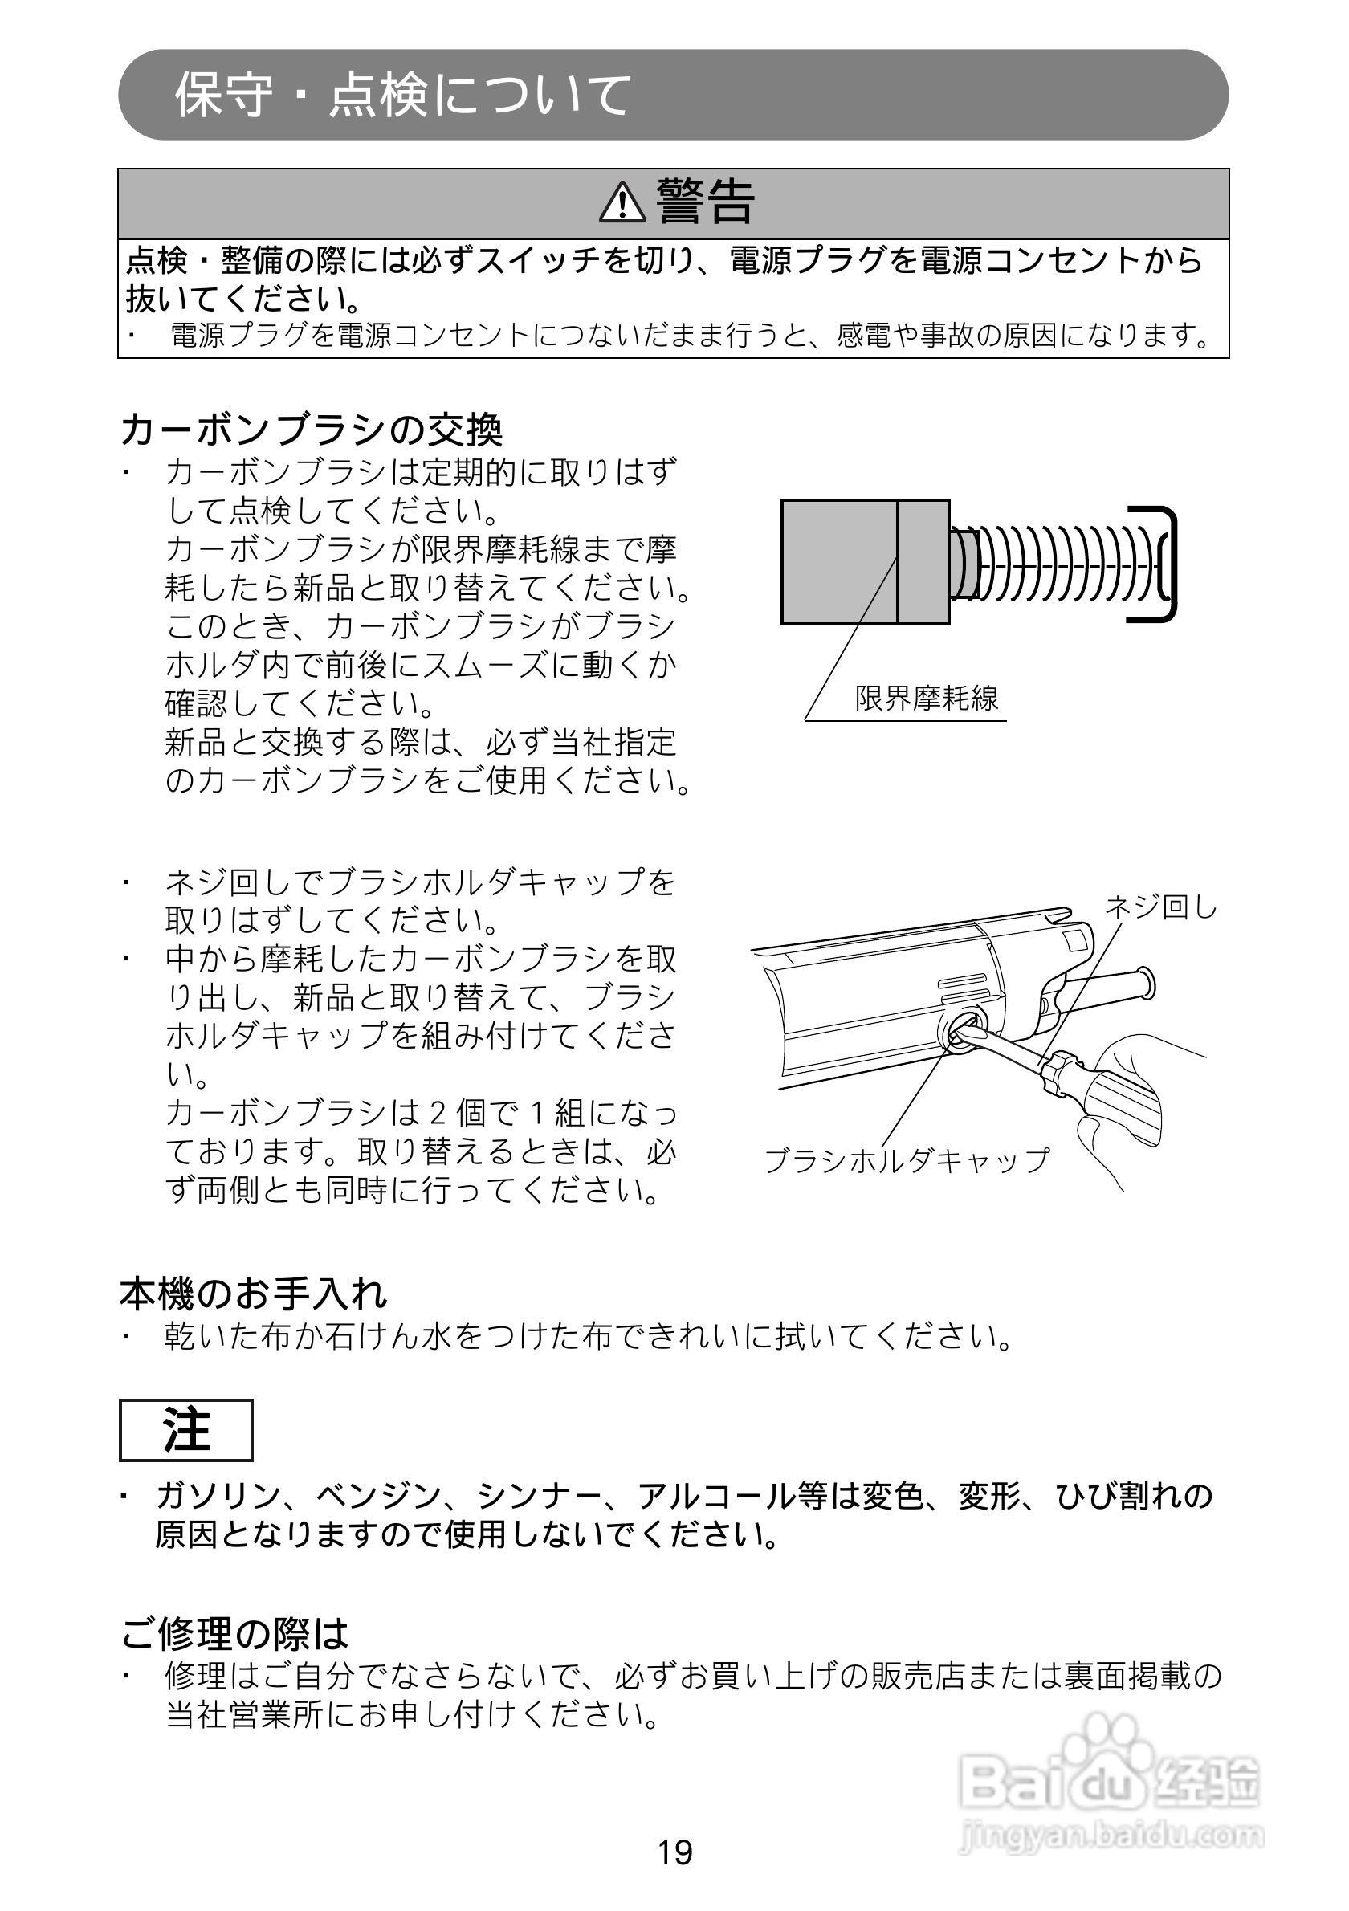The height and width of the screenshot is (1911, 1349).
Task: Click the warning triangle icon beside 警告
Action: click(x=622, y=203)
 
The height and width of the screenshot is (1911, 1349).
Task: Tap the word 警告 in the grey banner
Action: click(x=706, y=202)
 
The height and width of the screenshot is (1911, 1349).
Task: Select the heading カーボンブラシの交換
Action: click(x=312, y=430)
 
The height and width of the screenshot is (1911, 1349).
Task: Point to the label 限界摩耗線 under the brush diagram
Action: click(x=927, y=699)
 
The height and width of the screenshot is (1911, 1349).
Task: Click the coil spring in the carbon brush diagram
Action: click(x=1057, y=563)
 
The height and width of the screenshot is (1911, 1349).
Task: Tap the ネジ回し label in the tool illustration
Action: click(x=1161, y=907)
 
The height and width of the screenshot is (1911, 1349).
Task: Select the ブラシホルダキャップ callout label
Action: click(x=907, y=1160)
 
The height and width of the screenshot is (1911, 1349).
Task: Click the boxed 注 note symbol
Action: click(x=185, y=1431)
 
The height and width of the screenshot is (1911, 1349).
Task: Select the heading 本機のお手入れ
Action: click(x=254, y=1294)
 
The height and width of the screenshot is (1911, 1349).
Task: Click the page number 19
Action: click(x=674, y=1852)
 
